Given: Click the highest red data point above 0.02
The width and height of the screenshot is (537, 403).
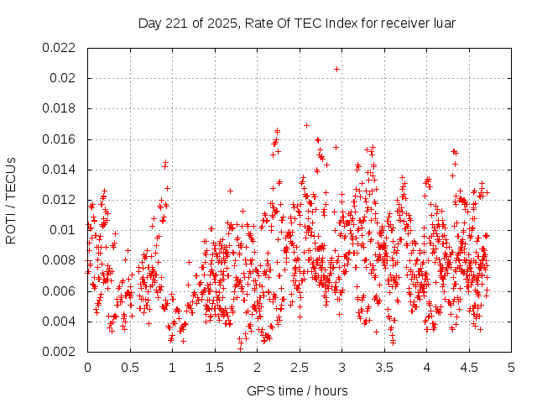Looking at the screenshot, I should point(336,69).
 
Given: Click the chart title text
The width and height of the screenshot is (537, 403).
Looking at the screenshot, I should point(297,24).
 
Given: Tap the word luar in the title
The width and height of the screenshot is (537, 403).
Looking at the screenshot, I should point(441,24).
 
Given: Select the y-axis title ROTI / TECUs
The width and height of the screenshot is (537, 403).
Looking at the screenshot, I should point(11,199).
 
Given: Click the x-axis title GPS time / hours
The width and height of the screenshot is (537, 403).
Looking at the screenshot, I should point(297,390).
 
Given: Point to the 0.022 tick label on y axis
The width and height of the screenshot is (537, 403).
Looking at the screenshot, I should point(58,48).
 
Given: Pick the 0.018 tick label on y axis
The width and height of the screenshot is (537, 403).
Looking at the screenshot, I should point(58,108).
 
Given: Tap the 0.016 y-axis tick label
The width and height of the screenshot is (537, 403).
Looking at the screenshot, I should point(58,139).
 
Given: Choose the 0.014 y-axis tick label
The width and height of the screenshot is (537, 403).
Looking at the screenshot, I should point(58,170).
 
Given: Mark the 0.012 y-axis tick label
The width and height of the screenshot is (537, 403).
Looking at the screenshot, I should point(58,200).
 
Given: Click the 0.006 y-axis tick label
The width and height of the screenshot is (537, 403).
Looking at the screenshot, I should point(58,290).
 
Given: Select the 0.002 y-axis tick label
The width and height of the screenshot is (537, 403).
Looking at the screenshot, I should point(58,352).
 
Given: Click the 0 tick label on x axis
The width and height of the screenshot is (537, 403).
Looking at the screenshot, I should point(87,367).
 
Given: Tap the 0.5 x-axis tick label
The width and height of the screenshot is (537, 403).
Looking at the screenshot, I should point(129,367).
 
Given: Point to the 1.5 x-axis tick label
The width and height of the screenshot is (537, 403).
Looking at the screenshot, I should point(214,367).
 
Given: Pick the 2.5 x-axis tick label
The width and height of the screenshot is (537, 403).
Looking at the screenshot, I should point(299,367).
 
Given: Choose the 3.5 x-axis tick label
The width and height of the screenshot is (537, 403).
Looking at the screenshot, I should point(383,367).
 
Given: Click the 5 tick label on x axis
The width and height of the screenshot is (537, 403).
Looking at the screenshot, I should point(511,367).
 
